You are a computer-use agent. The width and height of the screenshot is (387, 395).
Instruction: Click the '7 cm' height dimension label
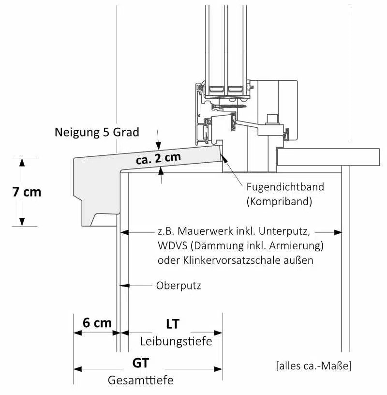(x=27, y=192)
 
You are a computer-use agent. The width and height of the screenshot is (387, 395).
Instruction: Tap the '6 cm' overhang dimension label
(x=97, y=323)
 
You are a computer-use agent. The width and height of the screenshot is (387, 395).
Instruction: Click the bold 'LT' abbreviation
(x=172, y=323)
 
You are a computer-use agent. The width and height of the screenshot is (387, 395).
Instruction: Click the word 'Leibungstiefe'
(x=176, y=341)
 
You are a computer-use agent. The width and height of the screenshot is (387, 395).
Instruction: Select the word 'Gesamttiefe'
(x=140, y=380)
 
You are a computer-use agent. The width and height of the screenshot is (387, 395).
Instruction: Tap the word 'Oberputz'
(x=179, y=286)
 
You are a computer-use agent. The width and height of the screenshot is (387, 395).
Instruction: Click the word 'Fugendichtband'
(x=285, y=186)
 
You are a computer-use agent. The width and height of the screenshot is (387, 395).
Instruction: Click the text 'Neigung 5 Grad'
(x=97, y=132)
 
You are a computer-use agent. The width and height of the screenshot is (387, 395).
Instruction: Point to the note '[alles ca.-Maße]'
(x=313, y=365)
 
